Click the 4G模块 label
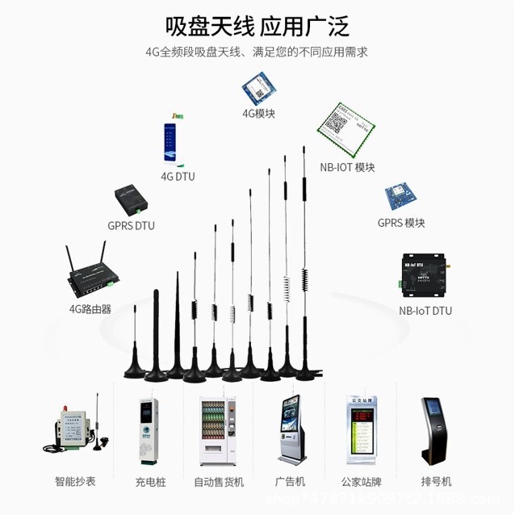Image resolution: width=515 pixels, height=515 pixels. (258, 114)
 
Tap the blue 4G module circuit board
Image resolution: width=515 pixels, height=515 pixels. (258, 88)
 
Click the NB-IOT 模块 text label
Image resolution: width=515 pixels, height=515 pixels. (347, 168)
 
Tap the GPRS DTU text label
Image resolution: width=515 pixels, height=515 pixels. (131, 226)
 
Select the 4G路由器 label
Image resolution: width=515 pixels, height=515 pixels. (90, 308)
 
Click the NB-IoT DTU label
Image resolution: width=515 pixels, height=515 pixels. (425, 311)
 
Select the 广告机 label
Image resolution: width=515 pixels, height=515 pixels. (290, 482)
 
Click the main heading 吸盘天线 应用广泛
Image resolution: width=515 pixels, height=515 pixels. (257, 27)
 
